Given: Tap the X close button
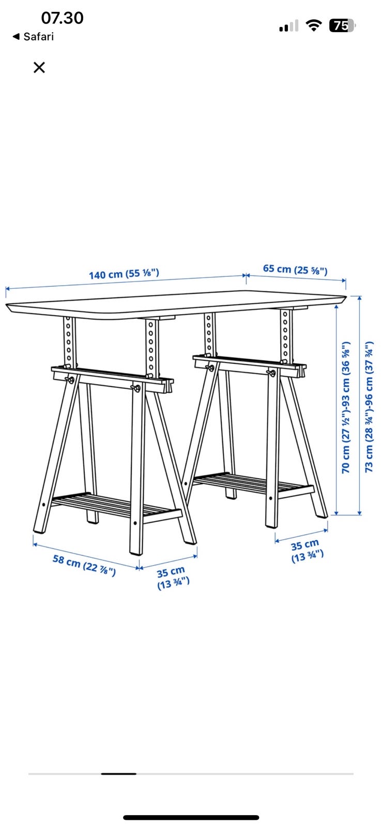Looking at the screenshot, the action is (x=39, y=67).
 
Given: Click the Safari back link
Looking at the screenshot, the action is (x=33, y=37).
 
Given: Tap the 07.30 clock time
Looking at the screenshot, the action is (x=63, y=18).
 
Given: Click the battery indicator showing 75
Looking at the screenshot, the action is (x=342, y=25).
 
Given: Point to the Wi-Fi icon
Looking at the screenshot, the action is (x=314, y=25).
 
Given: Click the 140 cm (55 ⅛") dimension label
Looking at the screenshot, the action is (x=124, y=274).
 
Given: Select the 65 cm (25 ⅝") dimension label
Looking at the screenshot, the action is (x=295, y=270).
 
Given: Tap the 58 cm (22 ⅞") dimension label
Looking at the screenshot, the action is (x=84, y=565).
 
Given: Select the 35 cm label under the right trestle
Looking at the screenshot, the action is (x=307, y=551).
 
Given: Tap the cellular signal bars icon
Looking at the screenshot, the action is (x=288, y=25).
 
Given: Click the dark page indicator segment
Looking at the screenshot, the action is (x=119, y=774).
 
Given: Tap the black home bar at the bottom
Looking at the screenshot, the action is (x=191, y=817).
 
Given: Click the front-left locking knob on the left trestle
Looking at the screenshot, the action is (x=70, y=380).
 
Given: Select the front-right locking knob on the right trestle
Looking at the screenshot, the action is (x=272, y=373).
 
